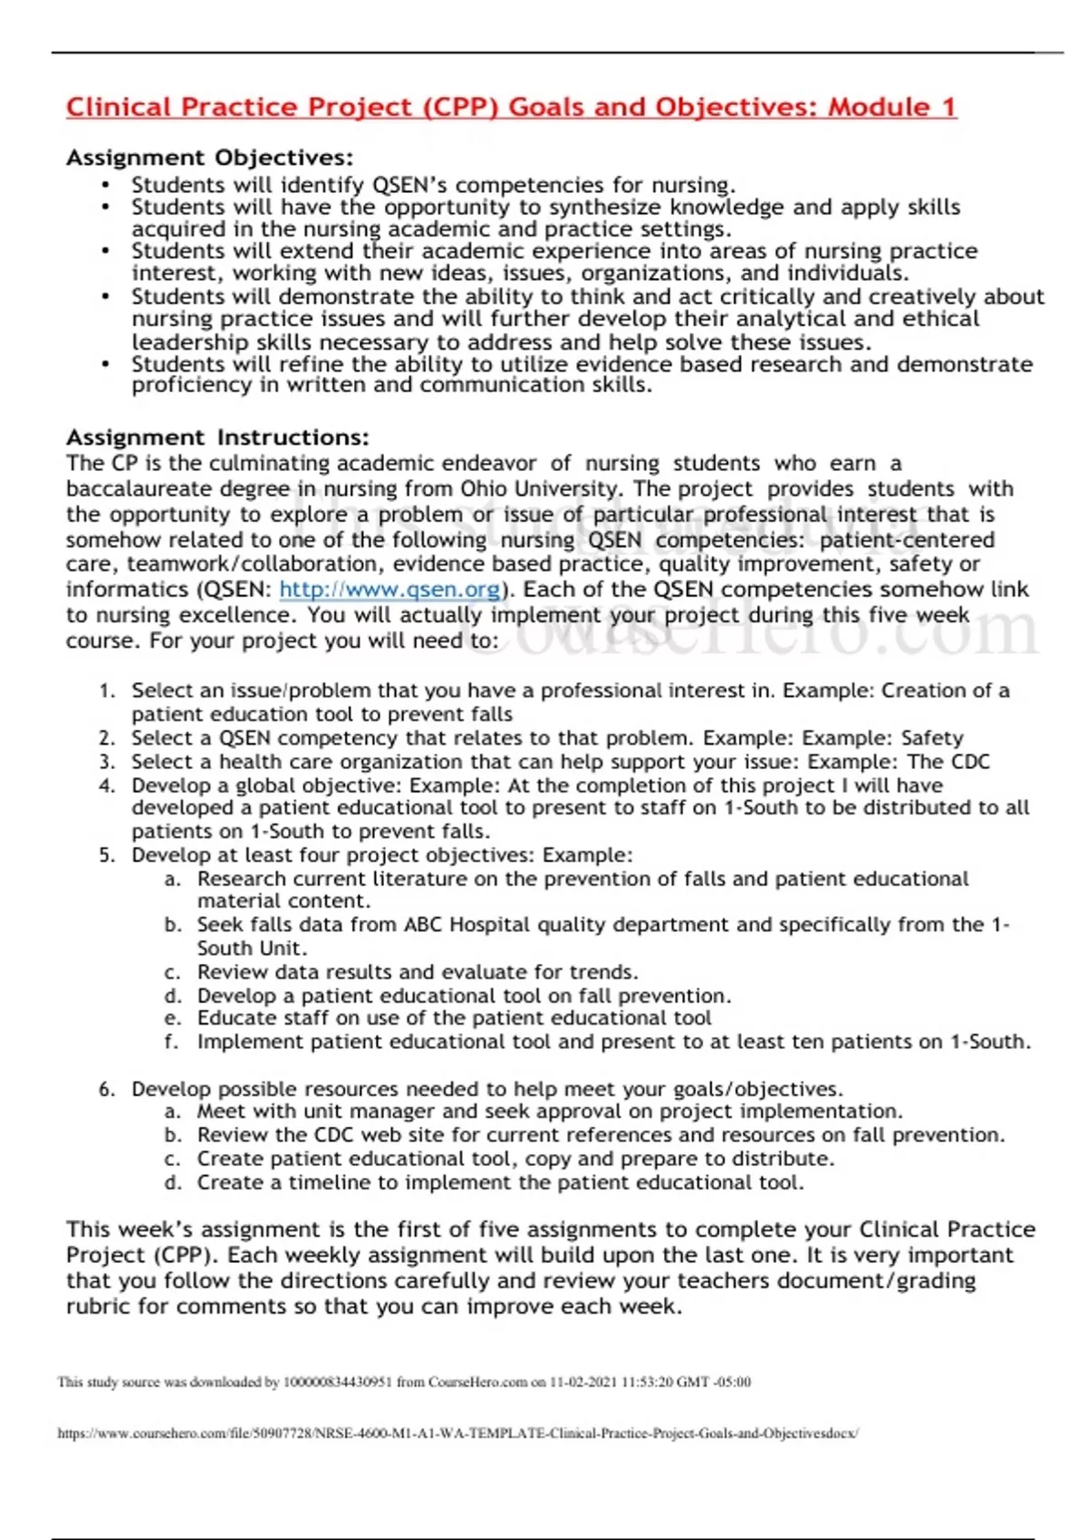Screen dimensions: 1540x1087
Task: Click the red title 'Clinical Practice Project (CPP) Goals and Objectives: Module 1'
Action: [x=511, y=108]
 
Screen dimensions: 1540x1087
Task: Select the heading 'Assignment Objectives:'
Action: [x=209, y=159]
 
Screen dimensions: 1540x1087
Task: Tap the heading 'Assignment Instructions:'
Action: [x=217, y=438]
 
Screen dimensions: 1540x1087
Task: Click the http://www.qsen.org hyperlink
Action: [x=390, y=590]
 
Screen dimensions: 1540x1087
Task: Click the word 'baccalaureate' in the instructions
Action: [x=133, y=489]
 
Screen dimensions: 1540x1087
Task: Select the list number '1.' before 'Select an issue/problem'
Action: [x=107, y=691]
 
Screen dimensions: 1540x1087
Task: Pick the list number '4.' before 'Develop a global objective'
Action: [x=107, y=785]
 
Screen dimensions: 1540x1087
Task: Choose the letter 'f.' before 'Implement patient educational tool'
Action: [x=171, y=1042]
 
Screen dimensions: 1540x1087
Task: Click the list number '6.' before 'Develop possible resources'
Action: [x=107, y=1089]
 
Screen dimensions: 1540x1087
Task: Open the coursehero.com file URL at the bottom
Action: [x=458, y=1434]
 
